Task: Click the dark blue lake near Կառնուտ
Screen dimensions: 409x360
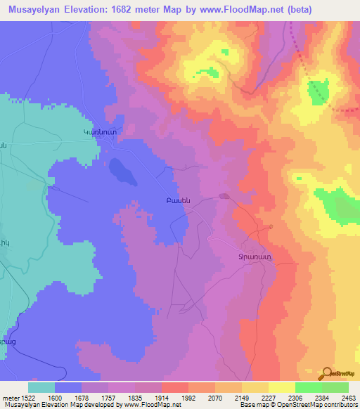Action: tap(119, 168)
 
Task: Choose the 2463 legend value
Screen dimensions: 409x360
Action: tap(349, 398)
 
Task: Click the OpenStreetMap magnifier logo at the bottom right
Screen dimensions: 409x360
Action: tap(326, 372)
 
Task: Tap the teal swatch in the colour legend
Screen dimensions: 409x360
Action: tap(41, 387)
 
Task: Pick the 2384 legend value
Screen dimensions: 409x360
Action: tap(322, 398)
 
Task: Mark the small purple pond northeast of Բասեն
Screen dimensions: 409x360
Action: tap(224, 197)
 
